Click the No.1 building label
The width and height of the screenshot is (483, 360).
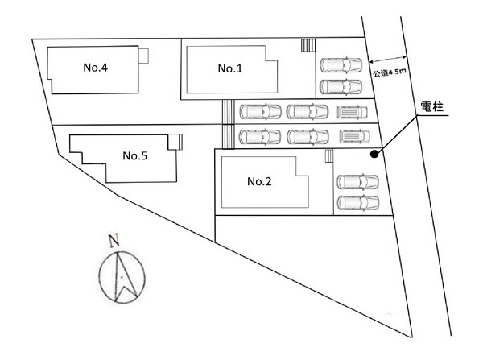[229, 69]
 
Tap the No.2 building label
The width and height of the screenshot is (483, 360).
[259, 182]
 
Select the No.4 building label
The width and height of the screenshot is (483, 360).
[96, 68]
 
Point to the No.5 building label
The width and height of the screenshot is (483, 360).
[134, 155]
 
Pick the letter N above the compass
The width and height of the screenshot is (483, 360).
[114, 238]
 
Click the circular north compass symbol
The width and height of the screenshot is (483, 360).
[121, 276]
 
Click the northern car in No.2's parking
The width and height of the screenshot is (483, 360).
[357, 182]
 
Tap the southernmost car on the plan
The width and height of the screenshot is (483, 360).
[357, 202]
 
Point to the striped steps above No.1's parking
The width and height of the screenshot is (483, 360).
[307, 46]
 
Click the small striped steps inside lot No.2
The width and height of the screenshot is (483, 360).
[326, 155]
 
